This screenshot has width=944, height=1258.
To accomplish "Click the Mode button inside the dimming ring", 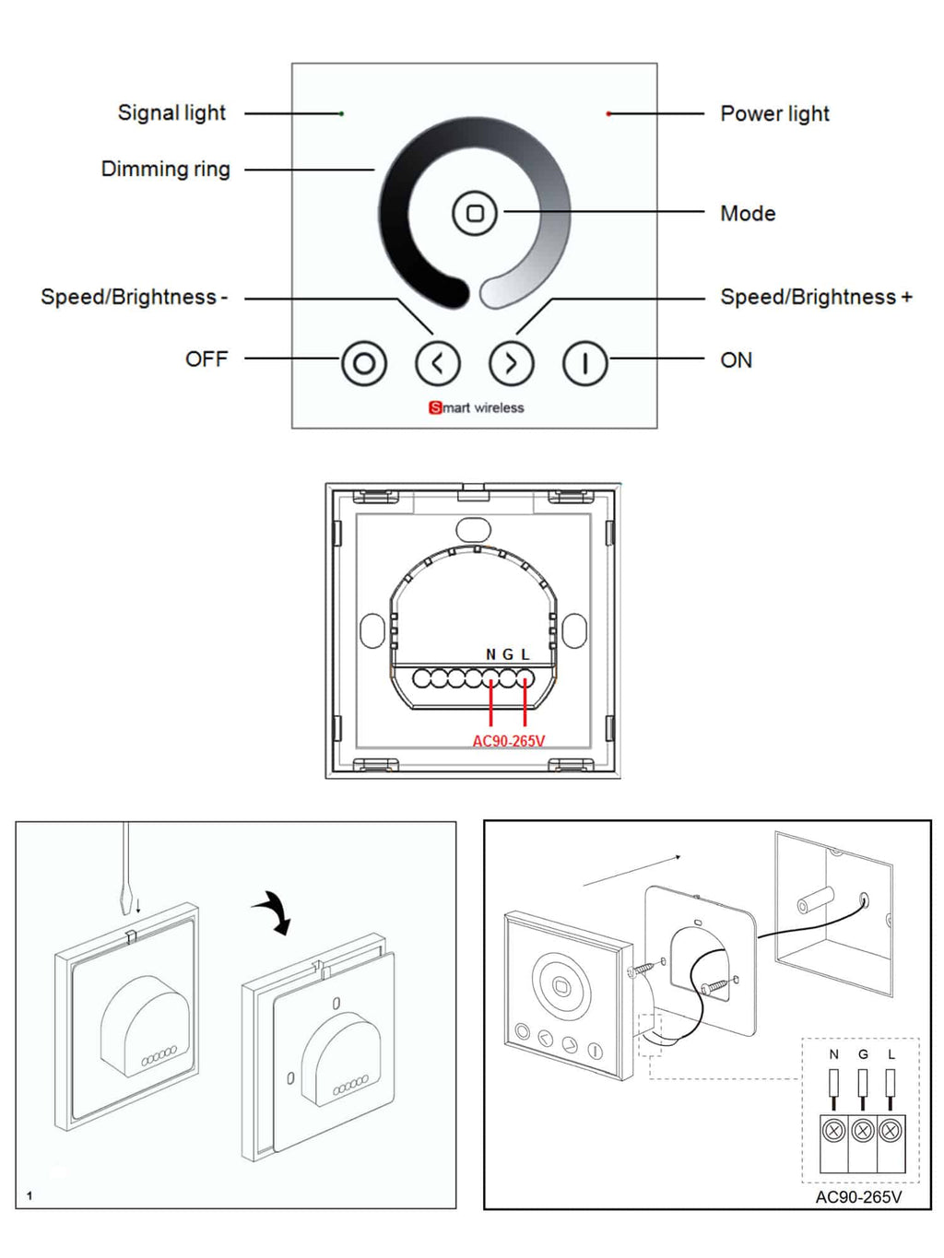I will point(475,213).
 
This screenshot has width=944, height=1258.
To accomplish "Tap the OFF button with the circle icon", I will point(364,363).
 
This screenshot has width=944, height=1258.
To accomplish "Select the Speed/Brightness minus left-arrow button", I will point(438,363).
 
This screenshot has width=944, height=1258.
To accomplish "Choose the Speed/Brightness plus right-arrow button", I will point(512,363).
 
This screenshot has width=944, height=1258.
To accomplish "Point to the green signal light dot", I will point(342,113).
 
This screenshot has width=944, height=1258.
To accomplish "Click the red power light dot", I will point(608,113).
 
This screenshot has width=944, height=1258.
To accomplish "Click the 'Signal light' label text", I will point(171,113).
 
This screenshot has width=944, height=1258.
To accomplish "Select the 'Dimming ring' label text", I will point(166,170).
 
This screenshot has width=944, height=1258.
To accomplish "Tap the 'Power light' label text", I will point(774,114).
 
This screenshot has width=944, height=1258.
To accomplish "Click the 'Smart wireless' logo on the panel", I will point(477,407).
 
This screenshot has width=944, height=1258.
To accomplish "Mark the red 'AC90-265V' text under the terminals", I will point(509,741).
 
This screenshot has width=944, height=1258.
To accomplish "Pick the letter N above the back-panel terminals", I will point(490,654).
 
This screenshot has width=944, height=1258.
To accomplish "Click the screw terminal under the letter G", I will point(862,1130).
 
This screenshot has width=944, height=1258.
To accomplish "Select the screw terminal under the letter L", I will point(891,1130).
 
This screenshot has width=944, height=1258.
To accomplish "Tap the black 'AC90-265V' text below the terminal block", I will point(858,1197).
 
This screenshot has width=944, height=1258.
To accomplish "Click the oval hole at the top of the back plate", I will point(473,529).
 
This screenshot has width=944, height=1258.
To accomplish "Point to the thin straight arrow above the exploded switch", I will point(632,870).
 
